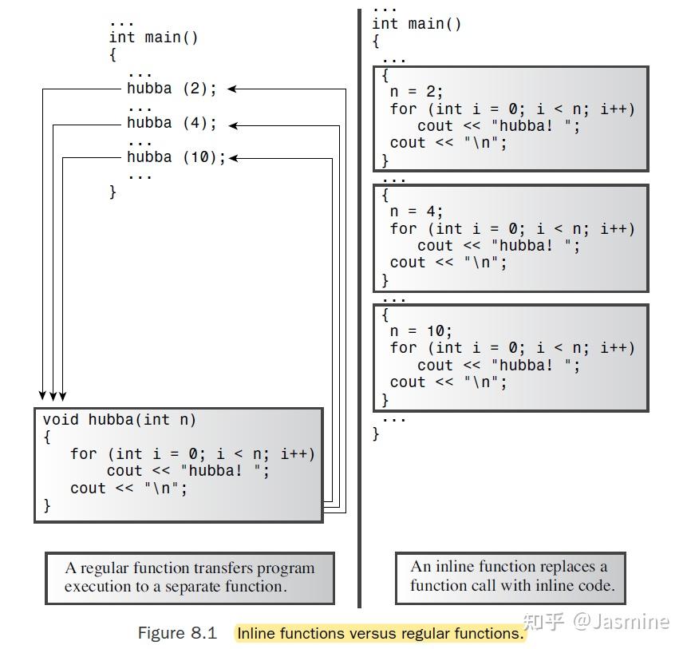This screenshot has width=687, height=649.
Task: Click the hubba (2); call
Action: click(x=172, y=89)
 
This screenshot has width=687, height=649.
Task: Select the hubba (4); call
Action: click(x=172, y=124)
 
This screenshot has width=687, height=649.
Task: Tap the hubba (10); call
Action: click(x=176, y=157)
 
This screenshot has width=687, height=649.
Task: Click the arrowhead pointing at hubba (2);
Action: click(x=233, y=89)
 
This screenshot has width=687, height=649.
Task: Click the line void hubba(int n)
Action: click(x=120, y=420)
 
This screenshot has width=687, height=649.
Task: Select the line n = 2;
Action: click(x=417, y=92)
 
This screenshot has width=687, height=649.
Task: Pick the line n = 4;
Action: click(x=417, y=212)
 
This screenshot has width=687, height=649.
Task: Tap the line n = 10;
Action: click(x=421, y=331)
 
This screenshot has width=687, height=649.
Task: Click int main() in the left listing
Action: click(x=154, y=38)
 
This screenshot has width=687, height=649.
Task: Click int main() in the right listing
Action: click(x=417, y=24)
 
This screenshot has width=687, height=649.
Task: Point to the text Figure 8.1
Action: click(x=177, y=633)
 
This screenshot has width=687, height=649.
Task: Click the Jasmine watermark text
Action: click(x=630, y=621)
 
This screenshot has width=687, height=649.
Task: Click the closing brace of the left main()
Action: click(x=113, y=192)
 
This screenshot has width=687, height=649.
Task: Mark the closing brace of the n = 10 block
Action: click(x=385, y=399)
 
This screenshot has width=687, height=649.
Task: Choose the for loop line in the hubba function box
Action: click(x=192, y=453)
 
